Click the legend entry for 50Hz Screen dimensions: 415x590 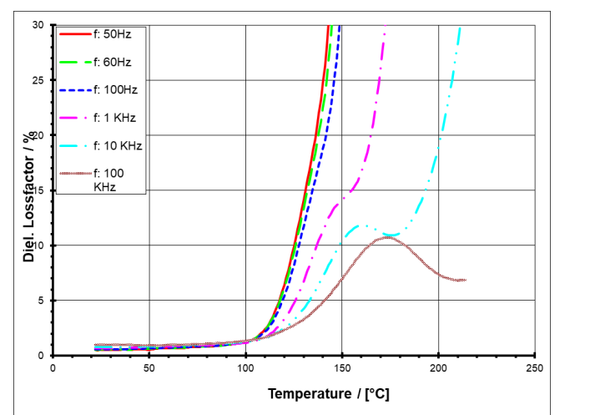tap(112, 35)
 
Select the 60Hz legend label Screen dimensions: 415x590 tap(112, 62)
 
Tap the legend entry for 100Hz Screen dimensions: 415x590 tap(114, 89)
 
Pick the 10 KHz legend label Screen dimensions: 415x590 tap(118, 144)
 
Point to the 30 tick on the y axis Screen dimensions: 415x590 tap(38, 25)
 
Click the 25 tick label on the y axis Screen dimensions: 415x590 tap(38, 80)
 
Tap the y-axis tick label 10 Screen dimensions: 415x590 tap(38, 245)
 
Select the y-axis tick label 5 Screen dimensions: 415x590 tap(41, 301)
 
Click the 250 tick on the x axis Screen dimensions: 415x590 tap(535, 367)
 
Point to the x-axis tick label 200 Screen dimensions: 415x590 tap(439, 367)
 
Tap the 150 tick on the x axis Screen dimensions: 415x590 tap(342, 367)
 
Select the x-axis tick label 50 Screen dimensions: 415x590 tap(149, 367)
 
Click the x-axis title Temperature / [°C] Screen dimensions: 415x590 tap(328, 393)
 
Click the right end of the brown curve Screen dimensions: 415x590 tap(464, 280)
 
